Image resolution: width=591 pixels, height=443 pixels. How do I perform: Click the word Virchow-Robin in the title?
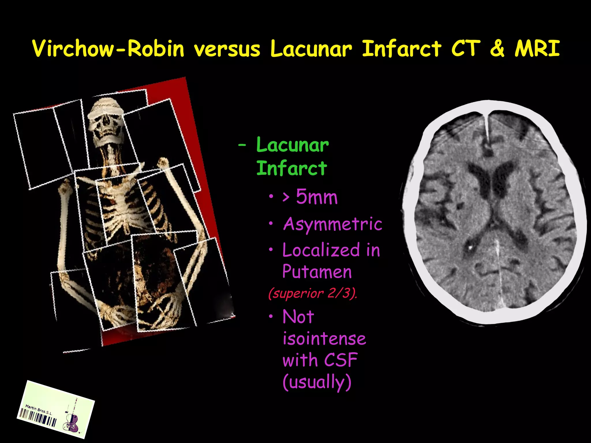(x=108, y=48)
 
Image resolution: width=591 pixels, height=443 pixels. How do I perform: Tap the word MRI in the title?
(x=537, y=48)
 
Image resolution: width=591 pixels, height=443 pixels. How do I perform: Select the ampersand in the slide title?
(x=497, y=48)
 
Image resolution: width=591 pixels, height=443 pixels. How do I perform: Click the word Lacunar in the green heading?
(x=292, y=145)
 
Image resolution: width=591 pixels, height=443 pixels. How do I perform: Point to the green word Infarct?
(x=291, y=168)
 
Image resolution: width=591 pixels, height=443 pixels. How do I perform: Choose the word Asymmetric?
(x=332, y=224)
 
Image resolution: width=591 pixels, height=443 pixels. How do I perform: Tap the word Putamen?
(x=317, y=272)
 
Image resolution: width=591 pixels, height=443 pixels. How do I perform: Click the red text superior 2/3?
(x=313, y=294)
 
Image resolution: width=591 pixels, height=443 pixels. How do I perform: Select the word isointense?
(x=324, y=339)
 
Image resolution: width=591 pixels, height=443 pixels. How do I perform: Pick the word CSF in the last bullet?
(x=341, y=360)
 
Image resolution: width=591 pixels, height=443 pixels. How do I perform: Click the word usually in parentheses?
(x=317, y=382)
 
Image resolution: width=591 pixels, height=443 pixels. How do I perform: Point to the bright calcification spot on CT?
(x=470, y=247)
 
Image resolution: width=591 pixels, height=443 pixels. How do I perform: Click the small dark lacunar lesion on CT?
(x=459, y=206)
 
